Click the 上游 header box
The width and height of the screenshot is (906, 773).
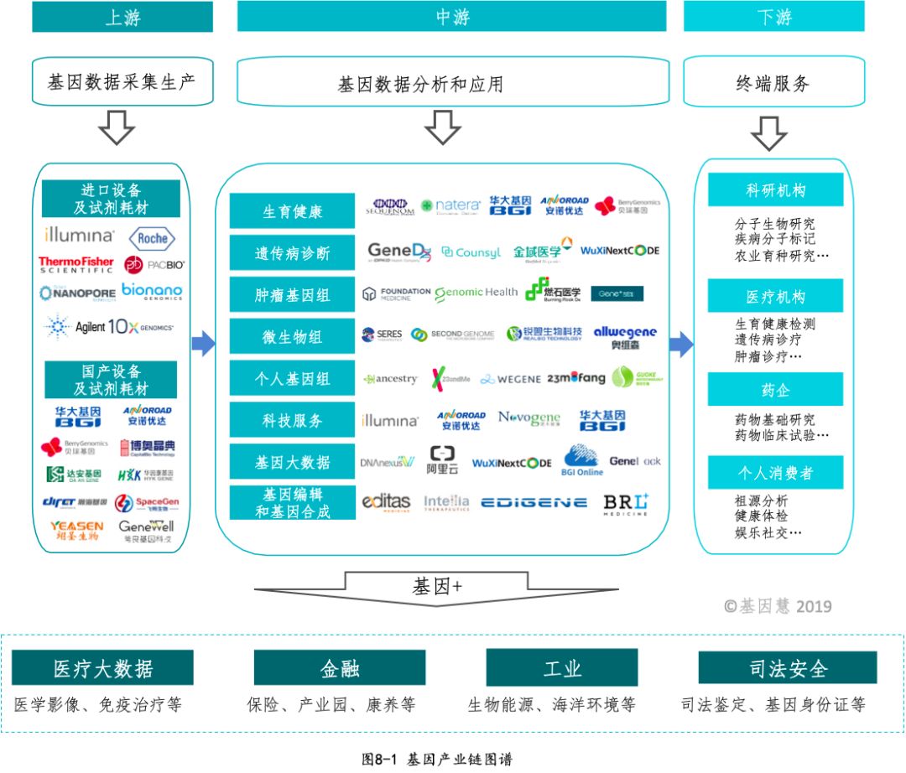tap(123, 17)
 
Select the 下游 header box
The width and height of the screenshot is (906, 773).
tap(773, 17)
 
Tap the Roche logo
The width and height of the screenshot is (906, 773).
tap(153, 238)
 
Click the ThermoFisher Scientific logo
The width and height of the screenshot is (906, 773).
tap(75, 265)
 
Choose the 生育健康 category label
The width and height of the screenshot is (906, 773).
tap(292, 211)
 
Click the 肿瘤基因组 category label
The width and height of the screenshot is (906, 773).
tap(292, 295)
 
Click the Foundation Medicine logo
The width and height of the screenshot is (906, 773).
tap(396, 293)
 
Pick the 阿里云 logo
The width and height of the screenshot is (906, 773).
tap(443, 460)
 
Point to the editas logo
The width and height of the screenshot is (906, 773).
tap(386, 502)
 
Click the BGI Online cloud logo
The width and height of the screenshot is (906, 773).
tap(582, 460)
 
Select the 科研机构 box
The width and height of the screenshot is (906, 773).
tap(775, 190)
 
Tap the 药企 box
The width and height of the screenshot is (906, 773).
tap(775, 389)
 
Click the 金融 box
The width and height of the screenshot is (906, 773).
tap(340, 668)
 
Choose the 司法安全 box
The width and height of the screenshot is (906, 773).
tap(788, 668)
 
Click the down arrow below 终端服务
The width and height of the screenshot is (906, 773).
tap(768, 132)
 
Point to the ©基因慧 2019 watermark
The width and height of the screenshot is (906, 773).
tap(778, 605)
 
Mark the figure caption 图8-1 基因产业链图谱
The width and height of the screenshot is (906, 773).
tap(436, 760)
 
